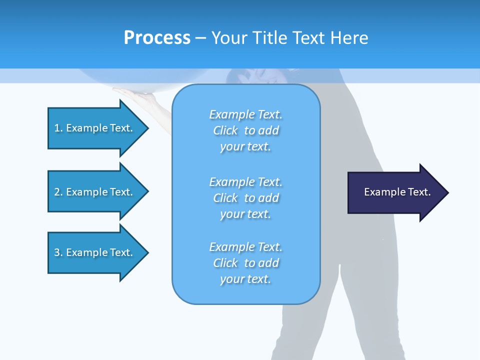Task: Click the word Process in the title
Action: (157, 38)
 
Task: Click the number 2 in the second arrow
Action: (57, 192)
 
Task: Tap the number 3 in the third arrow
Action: (57, 252)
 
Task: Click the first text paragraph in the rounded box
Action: (245, 130)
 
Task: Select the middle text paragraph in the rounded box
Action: (245, 198)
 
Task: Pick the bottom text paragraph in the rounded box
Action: (245, 263)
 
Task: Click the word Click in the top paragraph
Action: (225, 130)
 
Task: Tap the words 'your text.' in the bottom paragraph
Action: (245, 279)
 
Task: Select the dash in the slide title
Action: (201, 38)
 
